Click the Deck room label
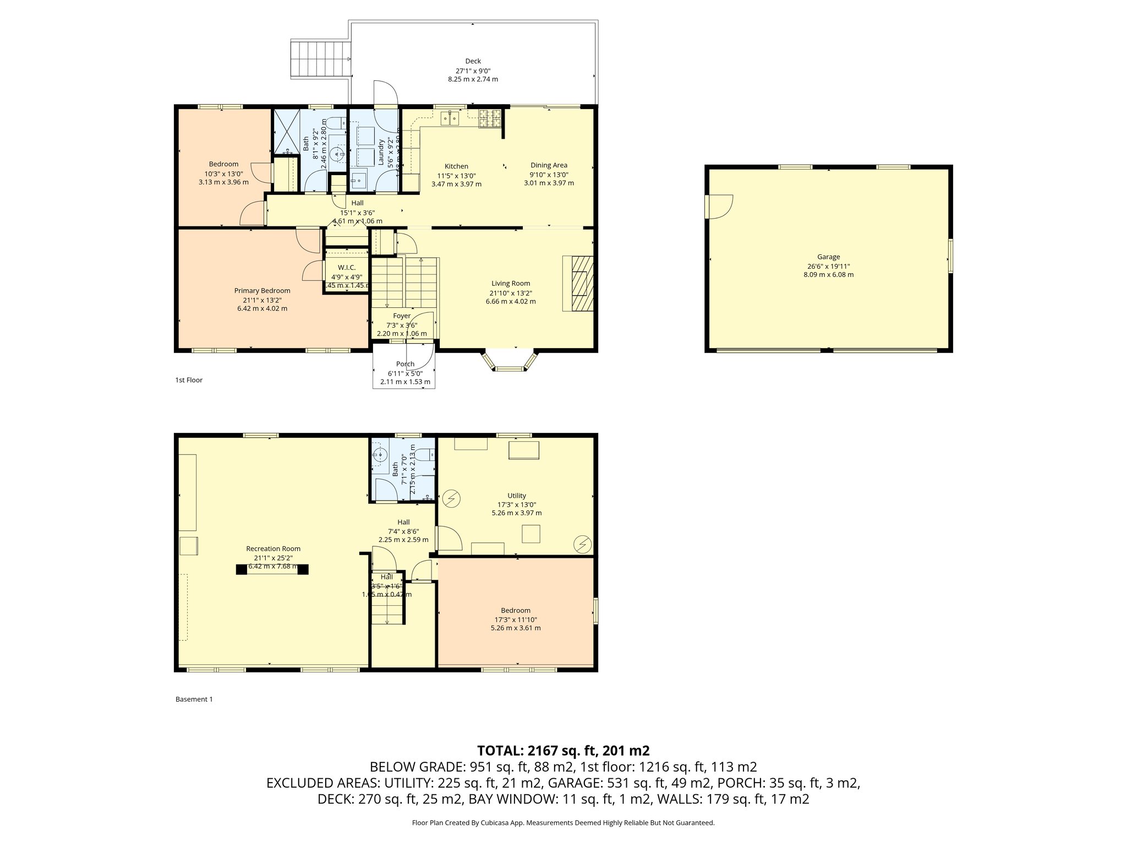pos(473,61)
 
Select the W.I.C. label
pos(347,268)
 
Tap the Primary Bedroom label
pos(262,291)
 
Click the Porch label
pos(405,364)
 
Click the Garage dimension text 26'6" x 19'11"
pos(828,265)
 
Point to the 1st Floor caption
pos(189,380)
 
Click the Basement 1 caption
pos(194,699)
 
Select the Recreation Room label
pos(273,549)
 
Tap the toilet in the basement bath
pos(425,454)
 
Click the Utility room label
pos(516,496)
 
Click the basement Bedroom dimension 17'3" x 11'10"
pos(515,619)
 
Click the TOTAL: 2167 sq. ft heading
pos(563,750)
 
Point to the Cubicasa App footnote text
pos(563,823)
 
